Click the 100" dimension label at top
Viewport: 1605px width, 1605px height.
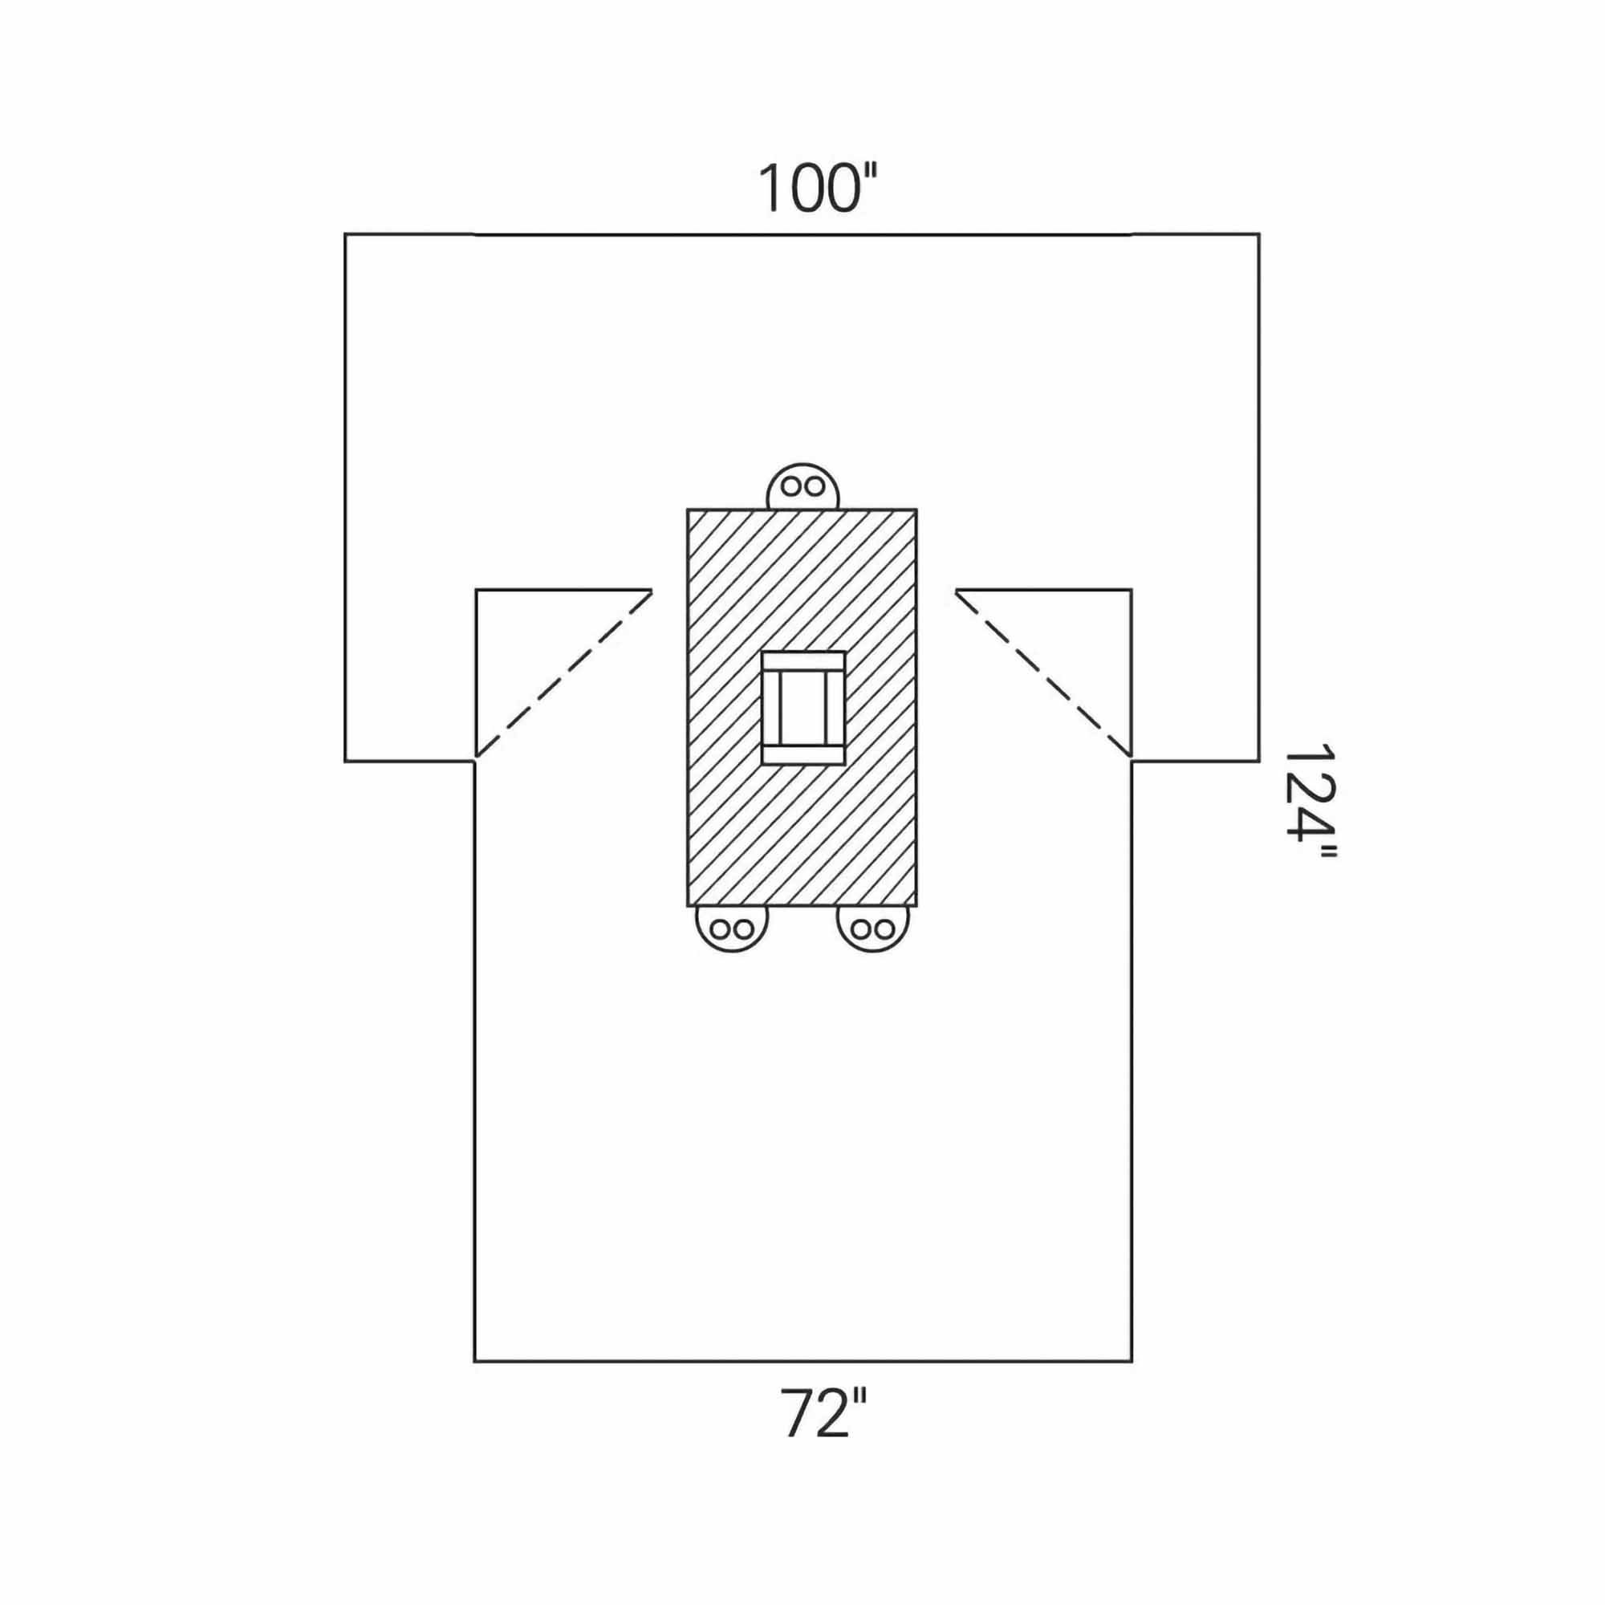[x=818, y=189]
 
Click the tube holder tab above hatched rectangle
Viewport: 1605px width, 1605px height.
[x=802, y=486]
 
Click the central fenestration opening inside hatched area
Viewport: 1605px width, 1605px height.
[x=803, y=708]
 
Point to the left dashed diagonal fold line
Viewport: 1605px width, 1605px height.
[x=563, y=675]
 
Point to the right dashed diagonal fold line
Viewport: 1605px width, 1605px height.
[x=1043, y=675]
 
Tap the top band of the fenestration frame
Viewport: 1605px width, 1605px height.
[x=803, y=661]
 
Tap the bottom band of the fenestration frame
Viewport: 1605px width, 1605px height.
[x=803, y=754]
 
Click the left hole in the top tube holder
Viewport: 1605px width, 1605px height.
[x=793, y=486]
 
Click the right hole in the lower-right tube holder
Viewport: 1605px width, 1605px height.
[x=884, y=928]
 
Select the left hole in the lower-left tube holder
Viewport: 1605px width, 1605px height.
[x=722, y=928]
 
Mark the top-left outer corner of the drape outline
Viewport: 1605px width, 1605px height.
[x=346, y=235]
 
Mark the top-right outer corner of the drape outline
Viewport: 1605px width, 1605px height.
[x=1259, y=235]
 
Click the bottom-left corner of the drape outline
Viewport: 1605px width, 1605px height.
[x=474, y=1362]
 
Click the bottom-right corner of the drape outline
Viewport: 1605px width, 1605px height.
[x=1132, y=1362]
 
